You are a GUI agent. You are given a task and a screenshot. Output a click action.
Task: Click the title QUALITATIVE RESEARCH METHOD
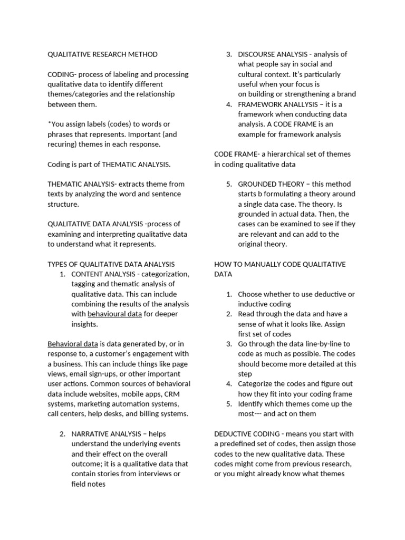pos(102,54)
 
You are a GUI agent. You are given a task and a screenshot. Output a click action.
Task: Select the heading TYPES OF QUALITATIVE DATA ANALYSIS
pos(111,264)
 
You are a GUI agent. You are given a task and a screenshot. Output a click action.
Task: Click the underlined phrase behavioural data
pos(114,314)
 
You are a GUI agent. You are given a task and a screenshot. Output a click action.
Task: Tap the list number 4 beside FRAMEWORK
pos(229,104)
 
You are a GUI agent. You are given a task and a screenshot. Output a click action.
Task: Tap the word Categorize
pos(257,384)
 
